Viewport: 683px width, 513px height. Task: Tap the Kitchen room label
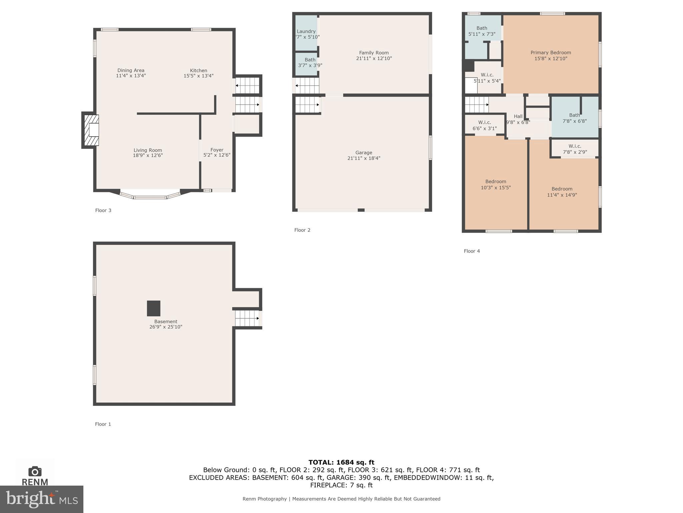click(198, 70)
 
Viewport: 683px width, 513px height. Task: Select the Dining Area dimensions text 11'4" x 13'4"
click(131, 76)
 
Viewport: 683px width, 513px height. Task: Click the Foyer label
click(217, 150)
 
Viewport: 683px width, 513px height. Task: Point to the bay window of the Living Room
click(150, 197)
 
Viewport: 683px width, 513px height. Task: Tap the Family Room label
click(374, 53)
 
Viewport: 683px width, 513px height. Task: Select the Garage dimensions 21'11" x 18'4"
click(364, 158)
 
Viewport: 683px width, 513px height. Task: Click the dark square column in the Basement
click(154, 308)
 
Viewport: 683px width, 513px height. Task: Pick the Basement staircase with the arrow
click(247, 318)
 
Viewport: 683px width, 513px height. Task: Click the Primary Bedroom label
click(551, 53)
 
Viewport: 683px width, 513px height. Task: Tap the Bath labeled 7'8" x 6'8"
click(574, 118)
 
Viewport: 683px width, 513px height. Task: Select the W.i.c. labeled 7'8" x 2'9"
click(575, 149)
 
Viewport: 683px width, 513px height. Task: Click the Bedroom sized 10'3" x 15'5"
click(496, 185)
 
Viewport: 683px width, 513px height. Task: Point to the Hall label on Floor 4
click(518, 116)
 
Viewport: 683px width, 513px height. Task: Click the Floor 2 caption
click(302, 230)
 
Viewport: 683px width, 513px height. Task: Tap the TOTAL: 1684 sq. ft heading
click(341, 462)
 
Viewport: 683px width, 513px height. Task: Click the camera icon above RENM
click(35, 471)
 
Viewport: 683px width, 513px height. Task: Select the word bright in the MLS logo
click(30, 499)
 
